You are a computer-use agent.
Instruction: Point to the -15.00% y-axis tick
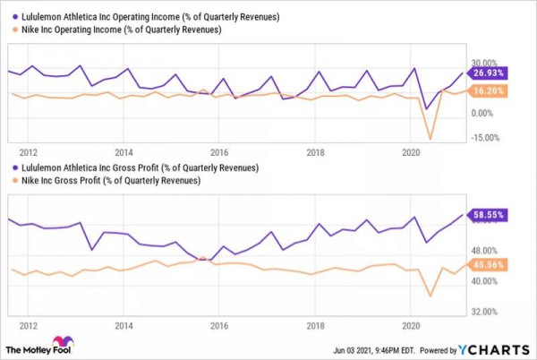tap(485, 138)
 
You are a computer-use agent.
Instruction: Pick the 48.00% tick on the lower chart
tap(485, 251)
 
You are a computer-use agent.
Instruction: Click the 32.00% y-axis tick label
tap(485, 312)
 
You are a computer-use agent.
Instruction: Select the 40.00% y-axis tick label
tap(485, 281)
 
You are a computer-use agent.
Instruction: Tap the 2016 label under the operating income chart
tap(219, 151)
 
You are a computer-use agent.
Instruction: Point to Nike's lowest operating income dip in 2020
tap(430, 139)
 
